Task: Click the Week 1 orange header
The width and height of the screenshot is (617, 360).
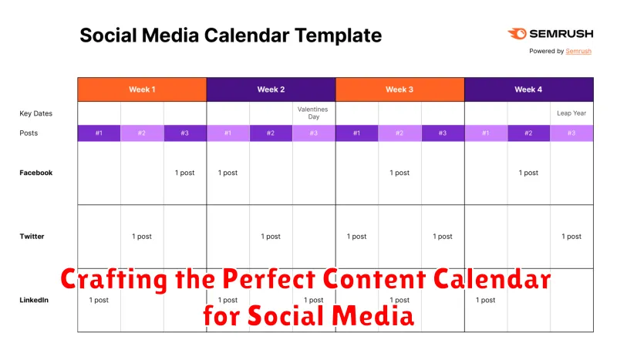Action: point(142,89)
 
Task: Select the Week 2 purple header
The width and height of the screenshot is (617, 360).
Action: point(271,89)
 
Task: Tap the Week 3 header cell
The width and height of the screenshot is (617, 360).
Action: point(400,89)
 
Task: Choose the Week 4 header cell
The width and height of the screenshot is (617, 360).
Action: point(528,89)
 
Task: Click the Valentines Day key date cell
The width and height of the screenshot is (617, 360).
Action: point(313,113)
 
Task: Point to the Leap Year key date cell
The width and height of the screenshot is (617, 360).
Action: point(571,113)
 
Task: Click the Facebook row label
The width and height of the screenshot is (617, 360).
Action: point(36,173)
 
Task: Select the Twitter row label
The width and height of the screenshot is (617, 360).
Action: point(32,237)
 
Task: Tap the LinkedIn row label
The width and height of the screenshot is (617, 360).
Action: point(33,300)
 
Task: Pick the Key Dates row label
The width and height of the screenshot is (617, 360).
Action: point(35,113)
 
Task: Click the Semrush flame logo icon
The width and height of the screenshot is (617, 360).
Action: point(516,34)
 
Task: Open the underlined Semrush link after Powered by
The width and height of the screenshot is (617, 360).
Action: point(578,51)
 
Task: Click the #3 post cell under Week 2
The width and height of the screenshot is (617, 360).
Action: point(313,133)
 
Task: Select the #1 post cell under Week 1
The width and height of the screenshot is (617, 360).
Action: point(99,133)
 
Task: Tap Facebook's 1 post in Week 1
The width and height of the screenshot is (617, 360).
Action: point(184,173)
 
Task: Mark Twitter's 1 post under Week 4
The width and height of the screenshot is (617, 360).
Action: point(571,237)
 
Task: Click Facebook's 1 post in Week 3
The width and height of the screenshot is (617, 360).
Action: point(400,173)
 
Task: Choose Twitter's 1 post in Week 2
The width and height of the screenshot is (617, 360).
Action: point(271,237)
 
